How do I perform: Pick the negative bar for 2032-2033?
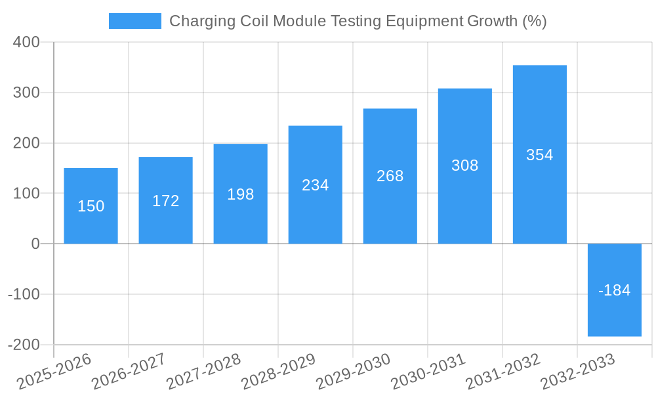coord(614,315)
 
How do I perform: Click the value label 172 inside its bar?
coord(165,201)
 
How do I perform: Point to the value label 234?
coord(315,185)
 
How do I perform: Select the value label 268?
coord(390,176)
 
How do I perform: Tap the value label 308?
coord(464,165)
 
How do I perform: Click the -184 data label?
coord(614,290)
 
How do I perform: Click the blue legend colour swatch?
coord(134,21)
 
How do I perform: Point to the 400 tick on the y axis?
coord(26,42)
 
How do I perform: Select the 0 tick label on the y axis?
coord(35,244)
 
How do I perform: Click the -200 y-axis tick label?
coord(24,345)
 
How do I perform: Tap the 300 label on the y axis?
coord(26,93)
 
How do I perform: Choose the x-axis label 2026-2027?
coord(129,372)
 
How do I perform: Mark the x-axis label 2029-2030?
coord(353,372)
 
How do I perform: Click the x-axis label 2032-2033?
coord(577,372)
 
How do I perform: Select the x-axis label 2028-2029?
coord(278,372)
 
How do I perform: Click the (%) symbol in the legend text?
coord(534,21)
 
